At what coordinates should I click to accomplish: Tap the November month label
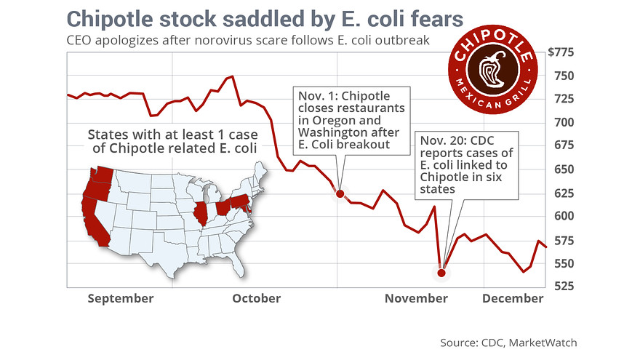click(416, 298)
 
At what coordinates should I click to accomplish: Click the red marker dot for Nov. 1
click(339, 193)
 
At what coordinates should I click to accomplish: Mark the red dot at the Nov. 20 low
click(441, 273)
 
